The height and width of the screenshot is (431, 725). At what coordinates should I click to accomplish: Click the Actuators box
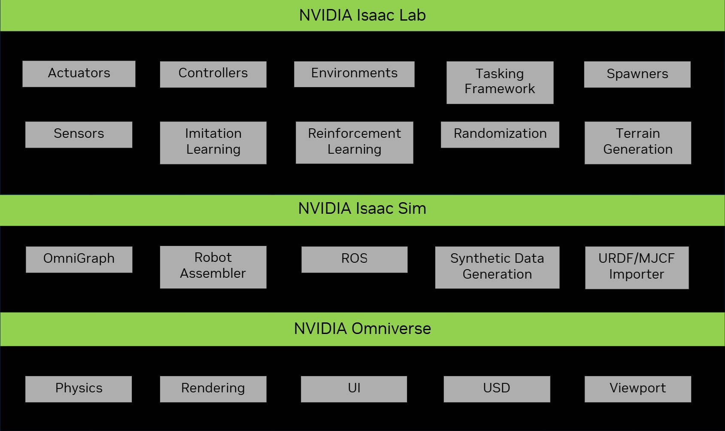pyautogui.click(x=79, y=74)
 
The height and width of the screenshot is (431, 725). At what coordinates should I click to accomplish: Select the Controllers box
pyautogui.click(x=213, y=74)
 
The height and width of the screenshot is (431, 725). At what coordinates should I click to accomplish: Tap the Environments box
pyautogui.click(x=354, y=74)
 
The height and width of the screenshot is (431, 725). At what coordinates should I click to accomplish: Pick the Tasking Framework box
pyautogui.click(x=500, y=82)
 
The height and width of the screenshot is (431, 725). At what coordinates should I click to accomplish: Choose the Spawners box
pyautogui.click(x=637, y=74)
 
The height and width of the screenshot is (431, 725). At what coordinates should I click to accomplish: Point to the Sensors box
pyautogui.click(x=79, y=134)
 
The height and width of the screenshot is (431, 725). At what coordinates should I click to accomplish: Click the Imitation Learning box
pyautogui.click(x=213, y=143)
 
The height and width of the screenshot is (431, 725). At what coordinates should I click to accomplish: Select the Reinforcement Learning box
pyautogui.click(x=354, y=142)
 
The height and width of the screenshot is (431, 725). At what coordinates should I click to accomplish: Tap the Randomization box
pyautogui.click(x=500, y=134)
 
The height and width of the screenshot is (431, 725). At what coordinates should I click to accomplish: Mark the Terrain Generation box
pyautogui.click(x=637, y=143)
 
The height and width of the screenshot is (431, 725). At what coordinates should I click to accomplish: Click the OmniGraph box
pyautogui.click(x=79, y=259)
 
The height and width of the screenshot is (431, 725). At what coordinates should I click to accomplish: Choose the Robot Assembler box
pyautogui.click(x=213, y=267)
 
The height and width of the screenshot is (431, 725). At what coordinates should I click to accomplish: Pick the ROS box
pyautogui.click(x=354, y=259)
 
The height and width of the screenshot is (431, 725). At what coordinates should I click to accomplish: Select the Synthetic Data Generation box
pyautogui.click(x=497, y=267)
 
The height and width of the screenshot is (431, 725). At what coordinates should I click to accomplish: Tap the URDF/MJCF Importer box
pyautogui.click(x=637, y=267)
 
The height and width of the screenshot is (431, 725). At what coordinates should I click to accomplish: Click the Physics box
pyautogui.click(x=79, y=389)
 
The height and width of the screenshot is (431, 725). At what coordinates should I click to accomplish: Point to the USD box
pyautogui.click(x=497, y=389)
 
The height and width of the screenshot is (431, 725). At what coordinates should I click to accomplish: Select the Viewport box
pyautogui.click(x=637, y=389)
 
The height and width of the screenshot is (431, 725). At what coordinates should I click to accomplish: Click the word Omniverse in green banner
pyautogui.click(x=391, y=329)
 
